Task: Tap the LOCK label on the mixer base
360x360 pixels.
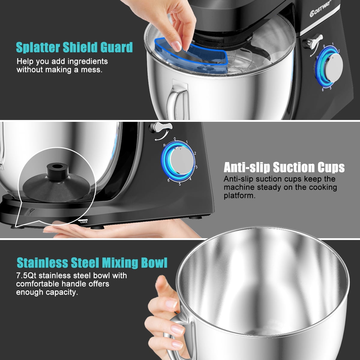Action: [x=84, y=222]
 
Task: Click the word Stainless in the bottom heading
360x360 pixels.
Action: [x=42, y=262]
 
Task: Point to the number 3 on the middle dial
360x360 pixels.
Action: [x=196, y=167]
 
